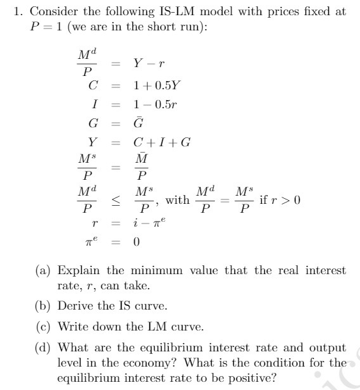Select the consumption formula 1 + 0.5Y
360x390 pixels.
156,84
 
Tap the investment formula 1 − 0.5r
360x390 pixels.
154,103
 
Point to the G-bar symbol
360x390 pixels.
139,122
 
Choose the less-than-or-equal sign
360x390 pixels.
116,201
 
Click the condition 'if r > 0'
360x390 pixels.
280,201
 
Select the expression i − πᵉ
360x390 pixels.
150,222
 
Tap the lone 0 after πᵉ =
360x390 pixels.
136,241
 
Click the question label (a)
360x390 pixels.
42,270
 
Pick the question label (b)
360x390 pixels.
42,306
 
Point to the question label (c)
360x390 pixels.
42,327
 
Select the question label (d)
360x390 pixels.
42,347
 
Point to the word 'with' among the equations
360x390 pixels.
177,201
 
